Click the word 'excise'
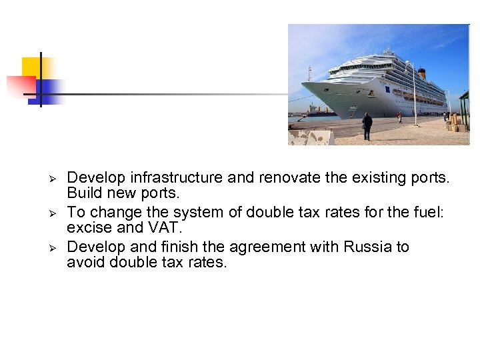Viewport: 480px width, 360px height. (x=89, y=228)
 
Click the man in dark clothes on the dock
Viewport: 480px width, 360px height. (x=367, y=125)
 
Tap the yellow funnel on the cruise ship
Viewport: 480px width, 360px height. (x=421, y=73)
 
